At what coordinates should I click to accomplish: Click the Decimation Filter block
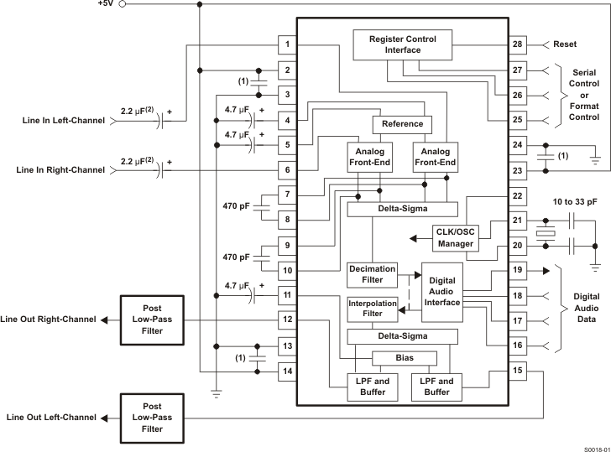click(371, 274)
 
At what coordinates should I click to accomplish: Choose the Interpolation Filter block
click(371, 309)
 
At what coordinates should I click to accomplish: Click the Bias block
click(405, 358)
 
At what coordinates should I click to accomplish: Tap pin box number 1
click(288, 44)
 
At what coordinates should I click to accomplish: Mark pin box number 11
click(288, 294)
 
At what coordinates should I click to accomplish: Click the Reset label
click(565, 44)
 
